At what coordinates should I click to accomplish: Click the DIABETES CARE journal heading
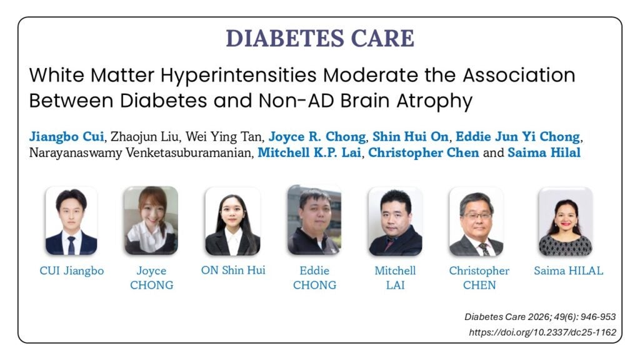click(320, 38)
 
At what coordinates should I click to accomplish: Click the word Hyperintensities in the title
click(238, 76)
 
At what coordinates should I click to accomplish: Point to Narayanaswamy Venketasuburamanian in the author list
click(139, 152)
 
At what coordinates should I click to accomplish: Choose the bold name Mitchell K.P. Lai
click(309, 152)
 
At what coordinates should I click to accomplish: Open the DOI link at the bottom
click(542, 332)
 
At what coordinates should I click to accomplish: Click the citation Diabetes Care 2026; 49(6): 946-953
click(540, 317)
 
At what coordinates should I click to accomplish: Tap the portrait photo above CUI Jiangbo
click(71, 221)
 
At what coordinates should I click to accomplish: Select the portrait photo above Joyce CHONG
click(151, 221)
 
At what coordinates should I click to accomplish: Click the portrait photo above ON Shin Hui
click(232, 221)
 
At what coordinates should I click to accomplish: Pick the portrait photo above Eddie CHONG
click(314, 220)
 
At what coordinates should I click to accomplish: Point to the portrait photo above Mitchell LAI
click(395, 221)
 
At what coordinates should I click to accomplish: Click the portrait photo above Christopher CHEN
click(476, 221)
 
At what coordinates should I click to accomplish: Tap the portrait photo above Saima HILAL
click(566, 221)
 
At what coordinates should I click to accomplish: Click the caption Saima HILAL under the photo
click(569, 271)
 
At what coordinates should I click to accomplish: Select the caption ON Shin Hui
click(233, 270)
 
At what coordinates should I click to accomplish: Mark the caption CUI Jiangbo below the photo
click(72, 271)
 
